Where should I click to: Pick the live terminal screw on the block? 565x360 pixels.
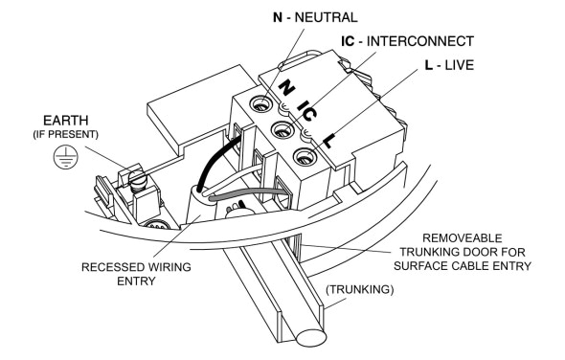304,158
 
